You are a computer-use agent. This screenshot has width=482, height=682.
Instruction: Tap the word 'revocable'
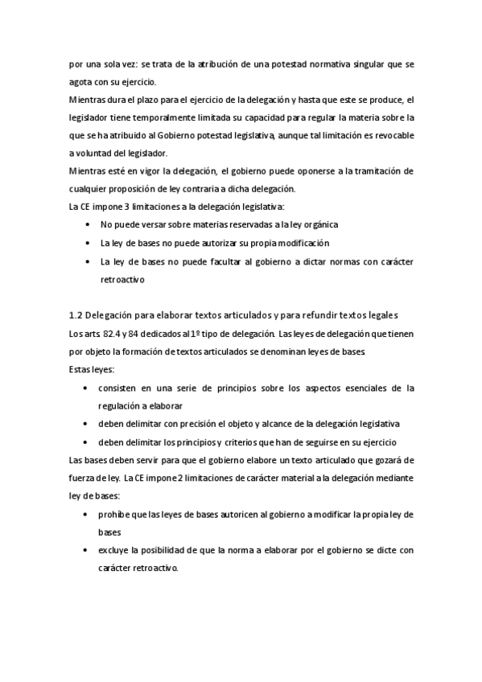click(391, 135)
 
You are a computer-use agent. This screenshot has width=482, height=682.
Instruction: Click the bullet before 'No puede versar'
click(87, 224)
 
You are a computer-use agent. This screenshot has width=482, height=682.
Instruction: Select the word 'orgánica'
click(319, 224)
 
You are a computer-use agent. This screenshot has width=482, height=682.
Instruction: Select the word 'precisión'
click(183, 424)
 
